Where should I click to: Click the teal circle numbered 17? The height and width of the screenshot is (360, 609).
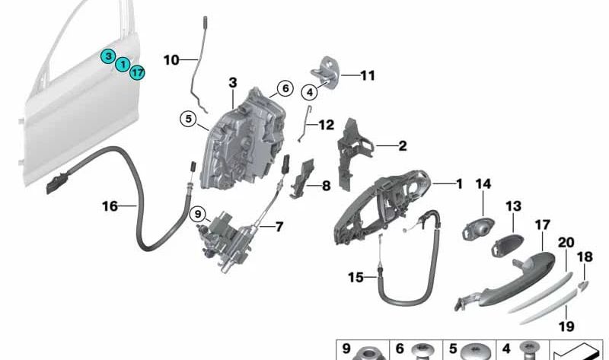[137, 72]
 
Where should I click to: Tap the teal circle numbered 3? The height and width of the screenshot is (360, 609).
[108, 56]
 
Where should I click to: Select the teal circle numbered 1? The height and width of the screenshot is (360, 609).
[123, 64]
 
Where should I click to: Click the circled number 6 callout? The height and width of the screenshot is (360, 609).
[285, 88]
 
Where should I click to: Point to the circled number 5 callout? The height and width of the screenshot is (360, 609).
[188, 119]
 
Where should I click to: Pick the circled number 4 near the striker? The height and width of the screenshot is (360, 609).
[310, 92]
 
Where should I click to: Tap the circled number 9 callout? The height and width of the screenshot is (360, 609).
[198, 214]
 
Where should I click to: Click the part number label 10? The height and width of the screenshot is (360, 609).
[171, 60]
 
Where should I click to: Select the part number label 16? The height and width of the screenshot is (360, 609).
[110, 205]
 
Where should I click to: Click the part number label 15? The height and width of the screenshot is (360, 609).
[356, 277]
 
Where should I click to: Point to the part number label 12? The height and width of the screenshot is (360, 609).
[327, 125]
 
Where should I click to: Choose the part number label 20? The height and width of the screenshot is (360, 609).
[566, 242]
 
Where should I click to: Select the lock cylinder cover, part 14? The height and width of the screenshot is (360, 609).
[478, 229]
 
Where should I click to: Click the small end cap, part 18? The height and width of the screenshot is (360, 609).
[583, 285]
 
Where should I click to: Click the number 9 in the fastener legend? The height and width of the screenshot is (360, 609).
[346, 349]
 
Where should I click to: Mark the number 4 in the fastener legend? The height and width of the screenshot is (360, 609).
[506, 349]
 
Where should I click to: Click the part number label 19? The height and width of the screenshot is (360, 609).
[566, 326]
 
